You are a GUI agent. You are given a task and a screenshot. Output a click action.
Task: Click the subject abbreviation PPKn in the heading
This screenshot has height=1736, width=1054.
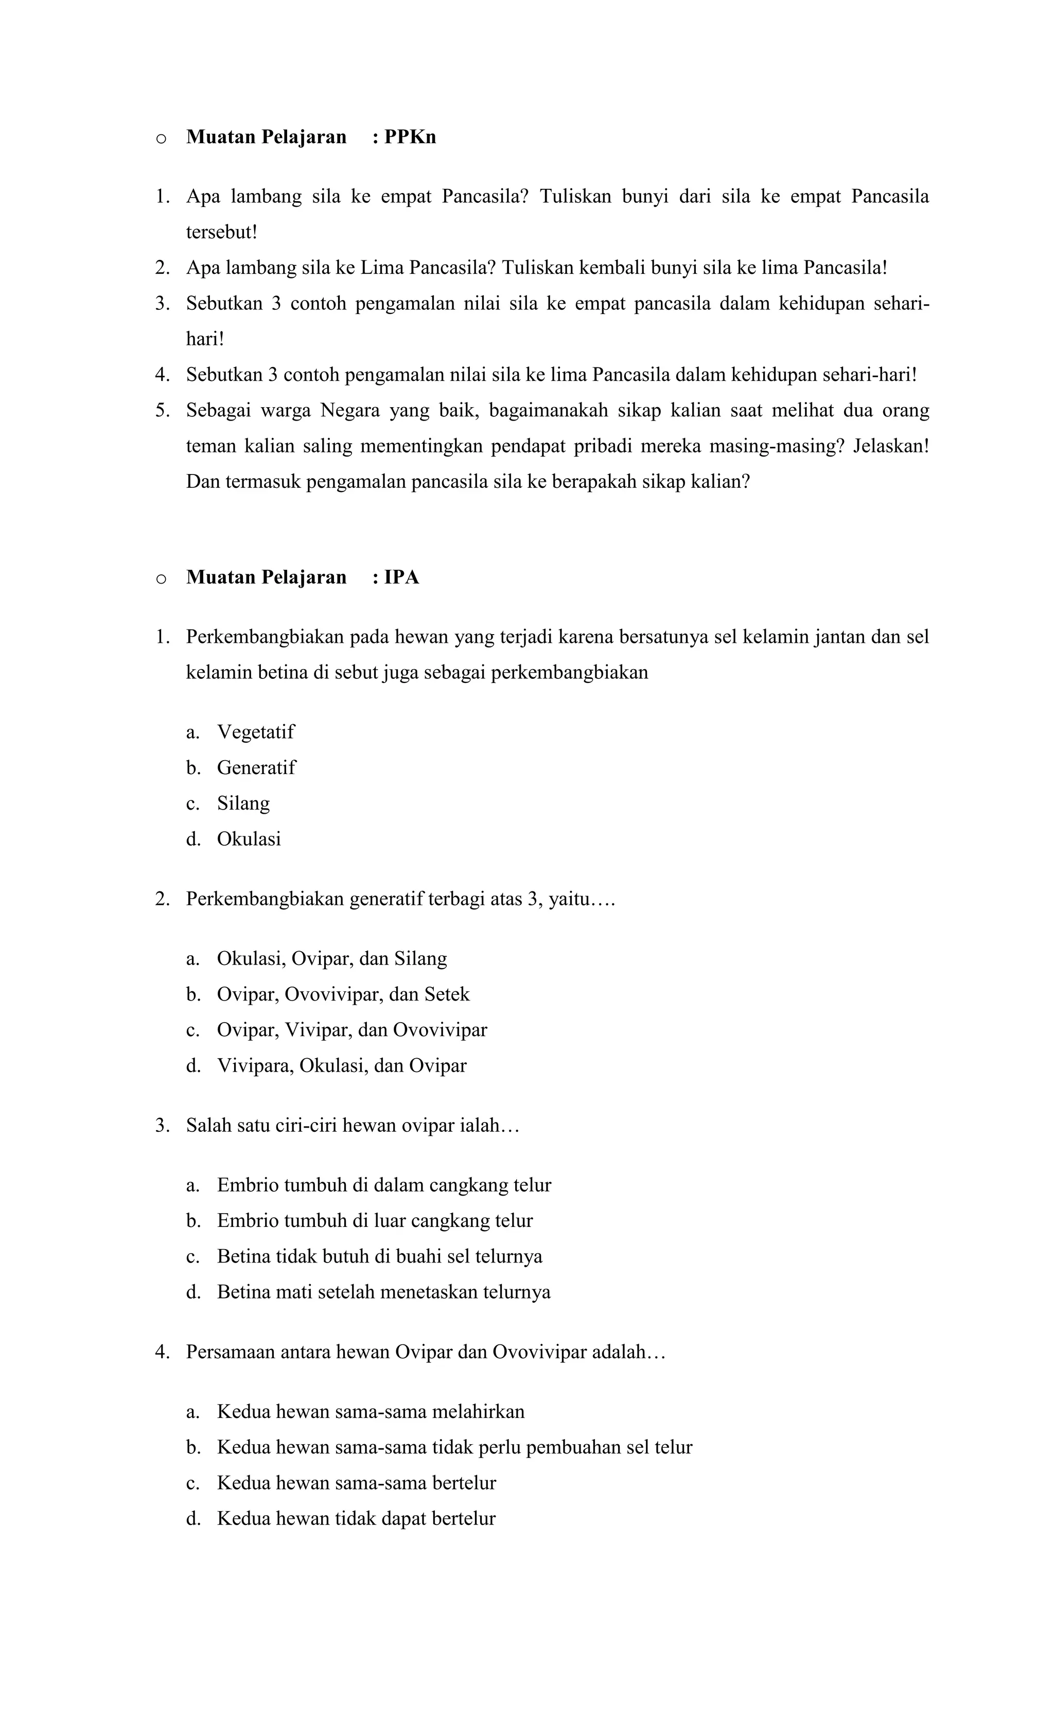point(410,137)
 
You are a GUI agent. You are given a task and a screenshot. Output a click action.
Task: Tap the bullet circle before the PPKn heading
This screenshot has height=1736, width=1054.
point(161,139)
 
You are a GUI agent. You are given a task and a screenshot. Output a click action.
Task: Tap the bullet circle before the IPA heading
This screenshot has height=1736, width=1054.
point(161,579)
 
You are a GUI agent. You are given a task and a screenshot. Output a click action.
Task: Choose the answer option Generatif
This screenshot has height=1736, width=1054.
point(256,768)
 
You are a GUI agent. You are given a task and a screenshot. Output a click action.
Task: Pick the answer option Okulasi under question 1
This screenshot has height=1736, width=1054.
point(249,839)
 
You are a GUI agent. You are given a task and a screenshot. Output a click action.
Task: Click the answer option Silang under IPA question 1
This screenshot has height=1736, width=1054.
point(243,804)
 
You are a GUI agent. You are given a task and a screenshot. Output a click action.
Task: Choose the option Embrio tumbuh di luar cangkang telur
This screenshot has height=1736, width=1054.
point(374,1221)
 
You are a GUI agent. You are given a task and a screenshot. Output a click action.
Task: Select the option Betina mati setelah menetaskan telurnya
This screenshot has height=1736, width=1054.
point(383,1292)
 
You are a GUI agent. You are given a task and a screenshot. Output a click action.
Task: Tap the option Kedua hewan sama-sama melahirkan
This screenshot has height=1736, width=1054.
point(371,1412)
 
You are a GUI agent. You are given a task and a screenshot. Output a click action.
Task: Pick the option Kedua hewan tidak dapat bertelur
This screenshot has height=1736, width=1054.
point(356,1518)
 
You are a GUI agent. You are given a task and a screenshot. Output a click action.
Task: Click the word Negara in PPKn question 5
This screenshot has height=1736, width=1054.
point(349,411)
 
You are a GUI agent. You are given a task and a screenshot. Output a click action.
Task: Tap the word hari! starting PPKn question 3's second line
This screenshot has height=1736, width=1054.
point(204,340)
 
